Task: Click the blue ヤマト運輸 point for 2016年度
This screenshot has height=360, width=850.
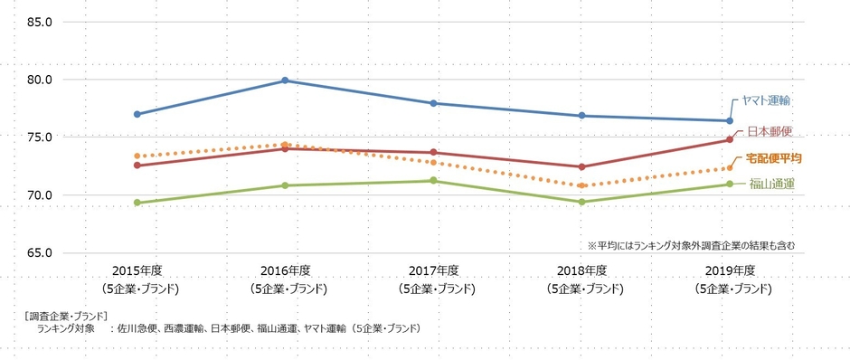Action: [x=285, y=81]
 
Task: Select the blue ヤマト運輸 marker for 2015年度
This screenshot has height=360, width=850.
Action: [x=137, y=114]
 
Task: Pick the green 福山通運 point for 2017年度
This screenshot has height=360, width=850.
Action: [x=433, y=181]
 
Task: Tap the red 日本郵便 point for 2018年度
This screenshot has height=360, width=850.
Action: [x=581, y=166]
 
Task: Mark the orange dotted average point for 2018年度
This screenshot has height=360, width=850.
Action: [x=581, y=186]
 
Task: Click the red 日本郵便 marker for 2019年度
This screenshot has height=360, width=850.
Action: [x=729, y=139]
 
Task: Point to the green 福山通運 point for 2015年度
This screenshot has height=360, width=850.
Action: [x=137, y=203]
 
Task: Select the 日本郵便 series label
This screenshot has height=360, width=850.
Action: [x=770, y=132]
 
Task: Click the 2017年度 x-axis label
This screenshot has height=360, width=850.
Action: [x=433, y=271]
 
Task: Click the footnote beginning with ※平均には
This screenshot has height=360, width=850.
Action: [x=691, y=245]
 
